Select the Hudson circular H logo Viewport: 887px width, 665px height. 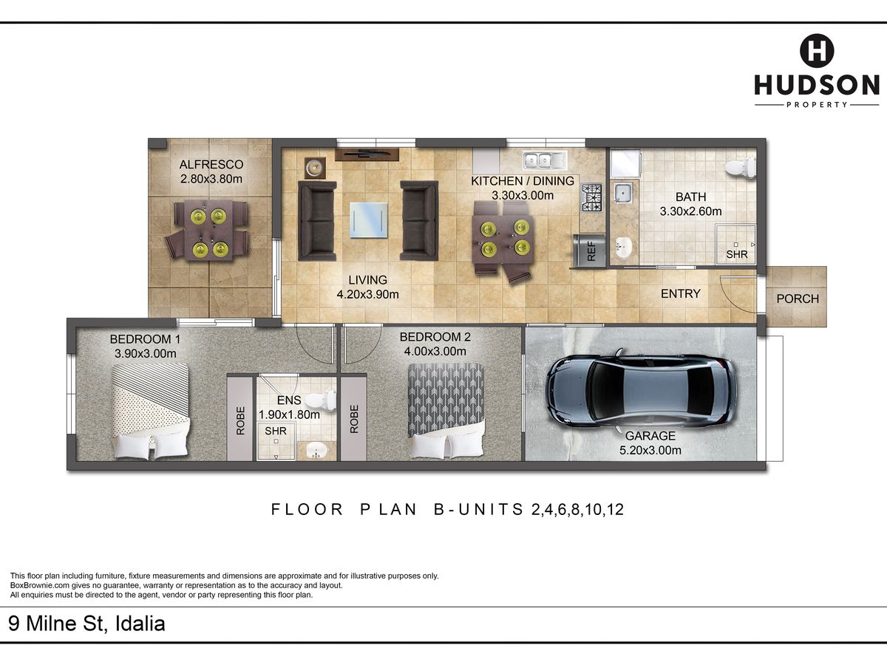pyautogui.click(x=817, y=51)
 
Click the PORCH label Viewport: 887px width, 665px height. pyautogui.click(x=798, y=299)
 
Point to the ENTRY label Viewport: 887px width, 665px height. pyautogui.click(x=681, y=293)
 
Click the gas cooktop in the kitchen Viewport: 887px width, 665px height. pyautogui.click(x=592, y=198)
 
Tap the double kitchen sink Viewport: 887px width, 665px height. pyautogui.click(x=545, y=160)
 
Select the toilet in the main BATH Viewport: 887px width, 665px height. pyautogui.click(x=741, y=168)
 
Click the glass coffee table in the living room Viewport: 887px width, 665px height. pyautogui.click(x=369, y=220)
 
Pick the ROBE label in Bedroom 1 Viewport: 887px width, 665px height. pyautogui.click(x=240, y=420)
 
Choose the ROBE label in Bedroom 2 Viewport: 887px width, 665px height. pyautogui.click(x=354, y=419)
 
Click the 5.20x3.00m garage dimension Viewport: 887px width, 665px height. pyautogui.click(x=650, y=450)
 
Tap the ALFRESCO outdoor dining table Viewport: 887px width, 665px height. pyautogui.click(x=209, y=230)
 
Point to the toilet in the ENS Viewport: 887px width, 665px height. pyautogui.click(x=321, y=400)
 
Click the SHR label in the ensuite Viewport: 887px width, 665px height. pyautogui.click(x=276, y=431)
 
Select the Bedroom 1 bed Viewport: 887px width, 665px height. pyautogui.click(x=150, y=411)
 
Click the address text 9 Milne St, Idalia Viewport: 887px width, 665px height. pyautogui.click(x=87, y=624)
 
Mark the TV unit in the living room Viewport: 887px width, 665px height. pyautogui.click(x=367, y=154)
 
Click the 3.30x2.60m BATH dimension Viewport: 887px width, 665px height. pyautogui.click(x=690, y=211)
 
